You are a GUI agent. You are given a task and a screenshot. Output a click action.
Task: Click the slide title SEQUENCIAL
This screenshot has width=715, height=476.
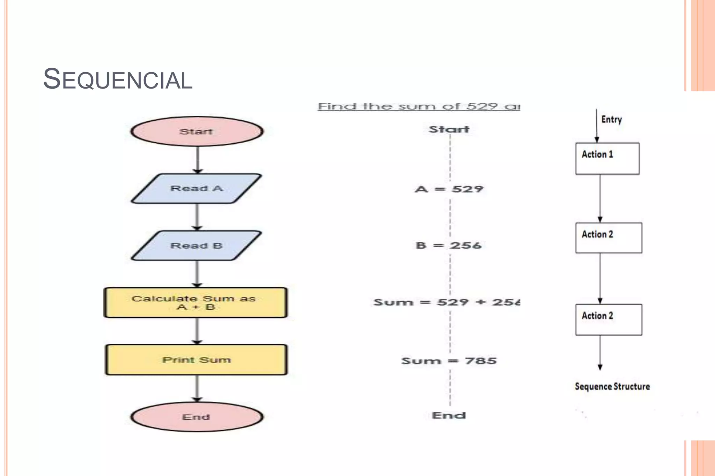click(x=118, y=79)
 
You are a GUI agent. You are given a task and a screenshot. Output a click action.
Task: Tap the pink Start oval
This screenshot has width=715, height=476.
click(x=197, y=131)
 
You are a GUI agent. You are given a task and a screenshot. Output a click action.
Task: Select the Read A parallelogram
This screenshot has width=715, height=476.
click(x=197, y=188)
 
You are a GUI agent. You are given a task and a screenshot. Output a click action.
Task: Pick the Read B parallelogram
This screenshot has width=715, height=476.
click(x=197, y=245)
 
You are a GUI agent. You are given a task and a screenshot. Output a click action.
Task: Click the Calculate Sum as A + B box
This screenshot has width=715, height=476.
click(x=196, y=302)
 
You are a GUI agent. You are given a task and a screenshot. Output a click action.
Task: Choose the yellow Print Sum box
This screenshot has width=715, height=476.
click(x=196, y=360)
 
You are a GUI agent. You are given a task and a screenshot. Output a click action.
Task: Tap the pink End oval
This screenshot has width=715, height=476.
click(x=197, y=417)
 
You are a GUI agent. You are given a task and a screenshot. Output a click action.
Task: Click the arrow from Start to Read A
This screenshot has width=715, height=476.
click(x=198, y=160)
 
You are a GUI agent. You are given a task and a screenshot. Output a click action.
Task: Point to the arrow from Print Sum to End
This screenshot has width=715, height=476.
click(x=197, y=388)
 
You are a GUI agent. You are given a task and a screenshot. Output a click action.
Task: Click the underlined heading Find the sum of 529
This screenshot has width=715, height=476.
click(x=419, y=106)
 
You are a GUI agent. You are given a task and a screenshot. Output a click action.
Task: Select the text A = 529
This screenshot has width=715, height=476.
click(x=449, y=189)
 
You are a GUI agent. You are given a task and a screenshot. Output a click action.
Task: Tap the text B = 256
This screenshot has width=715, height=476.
click(x=449, y=245)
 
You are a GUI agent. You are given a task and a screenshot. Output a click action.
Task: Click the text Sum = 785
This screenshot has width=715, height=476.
click(x=449, y=361)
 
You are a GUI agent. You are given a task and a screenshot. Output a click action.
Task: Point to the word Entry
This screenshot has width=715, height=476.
click(x=611, y=120)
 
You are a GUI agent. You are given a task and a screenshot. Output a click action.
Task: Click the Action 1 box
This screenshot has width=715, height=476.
click(x=607, y=158)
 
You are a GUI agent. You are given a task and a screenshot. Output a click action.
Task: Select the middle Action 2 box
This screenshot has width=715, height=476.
click(x=609, y=238)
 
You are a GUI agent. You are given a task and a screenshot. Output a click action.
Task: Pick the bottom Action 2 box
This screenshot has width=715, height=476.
click(x=609, y=319)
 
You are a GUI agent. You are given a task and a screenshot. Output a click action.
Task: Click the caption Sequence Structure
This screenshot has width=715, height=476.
click(x=612, y=386)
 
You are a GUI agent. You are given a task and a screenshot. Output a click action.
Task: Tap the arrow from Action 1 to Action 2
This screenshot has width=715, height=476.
click(x=600, y=198)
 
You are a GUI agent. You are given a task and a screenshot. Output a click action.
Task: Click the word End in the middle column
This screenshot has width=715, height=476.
click(x=449, y=415)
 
